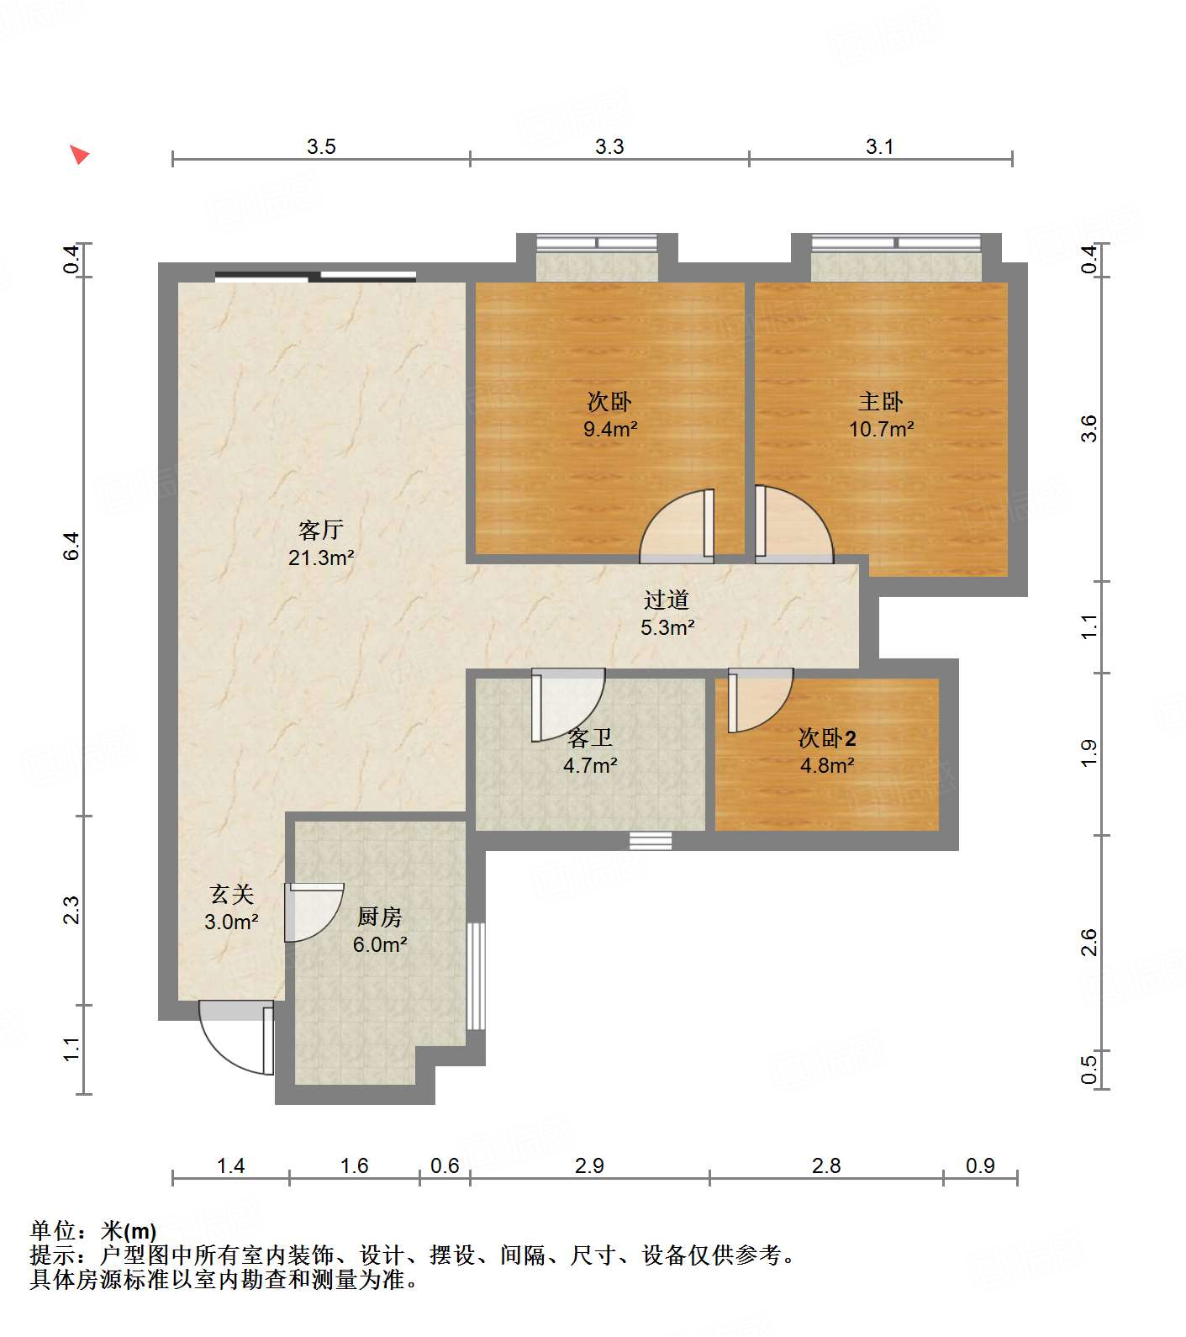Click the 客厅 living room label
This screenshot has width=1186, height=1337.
(321, 530)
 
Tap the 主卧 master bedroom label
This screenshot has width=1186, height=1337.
(881, 401)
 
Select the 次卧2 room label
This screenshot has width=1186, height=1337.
(827, 737)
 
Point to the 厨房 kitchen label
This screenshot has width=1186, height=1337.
(380, 917)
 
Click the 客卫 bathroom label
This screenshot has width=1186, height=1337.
(590, 737)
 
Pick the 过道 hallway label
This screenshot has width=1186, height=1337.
(667, 600)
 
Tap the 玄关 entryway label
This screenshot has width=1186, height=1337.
(231, 894)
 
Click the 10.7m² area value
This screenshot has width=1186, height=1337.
(881, 429)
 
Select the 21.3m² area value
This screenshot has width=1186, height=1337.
(321, 558)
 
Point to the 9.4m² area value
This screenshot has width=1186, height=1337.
(610, 429)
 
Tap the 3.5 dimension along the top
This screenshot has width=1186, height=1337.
(321, 147)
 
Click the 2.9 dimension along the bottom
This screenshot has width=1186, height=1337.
(589, 1165)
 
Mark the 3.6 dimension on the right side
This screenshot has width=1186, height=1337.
(1088, 429)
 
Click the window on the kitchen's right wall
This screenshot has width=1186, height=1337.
(476, 975)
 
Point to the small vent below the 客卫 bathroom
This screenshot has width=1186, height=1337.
(651, 841)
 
